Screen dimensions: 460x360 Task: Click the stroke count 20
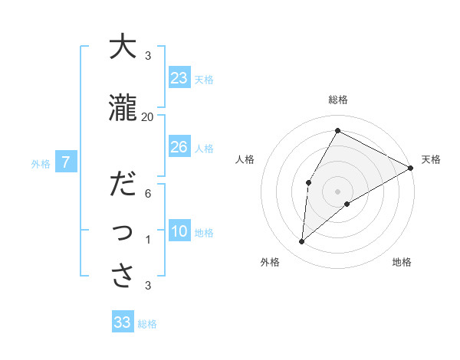[148, 116]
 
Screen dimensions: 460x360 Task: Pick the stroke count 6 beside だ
[148, 193]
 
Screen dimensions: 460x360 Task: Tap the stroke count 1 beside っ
[148, 240]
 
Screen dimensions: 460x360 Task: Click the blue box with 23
[179, 77]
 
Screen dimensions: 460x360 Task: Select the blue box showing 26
[179, 146]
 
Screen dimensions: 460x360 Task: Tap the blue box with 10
[179, 231]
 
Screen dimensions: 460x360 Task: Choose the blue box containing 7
[66, 162]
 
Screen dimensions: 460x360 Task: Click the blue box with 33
[123, 322]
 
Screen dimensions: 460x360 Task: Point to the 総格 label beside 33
[148, 324]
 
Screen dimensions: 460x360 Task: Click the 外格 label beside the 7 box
[41, 163]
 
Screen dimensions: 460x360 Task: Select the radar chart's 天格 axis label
[431, 159]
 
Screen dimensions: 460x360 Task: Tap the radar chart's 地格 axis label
[402, 262]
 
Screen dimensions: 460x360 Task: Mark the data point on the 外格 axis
[302, 242]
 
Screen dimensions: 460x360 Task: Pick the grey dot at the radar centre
[337, 191]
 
